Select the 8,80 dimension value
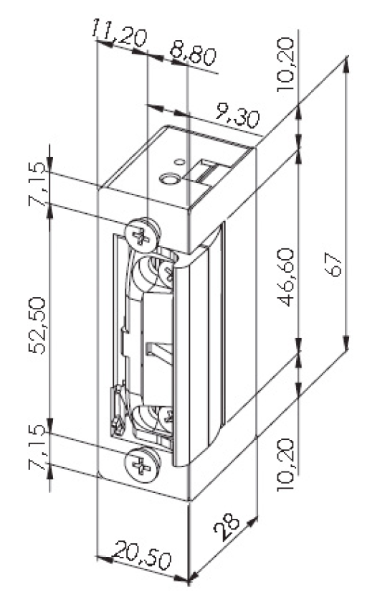[193, 55]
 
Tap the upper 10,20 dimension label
[285, 65]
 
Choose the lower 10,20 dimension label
[285, 464]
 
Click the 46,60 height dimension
[285, 278]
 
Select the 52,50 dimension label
[38, 325]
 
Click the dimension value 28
[228, 527]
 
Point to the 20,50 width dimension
[143, 555]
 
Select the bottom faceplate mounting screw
[142, 464]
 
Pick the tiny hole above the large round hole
[179, 162]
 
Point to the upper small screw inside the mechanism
[166, 271]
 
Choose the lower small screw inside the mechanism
[167, 418]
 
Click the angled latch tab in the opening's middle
[160, 352]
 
